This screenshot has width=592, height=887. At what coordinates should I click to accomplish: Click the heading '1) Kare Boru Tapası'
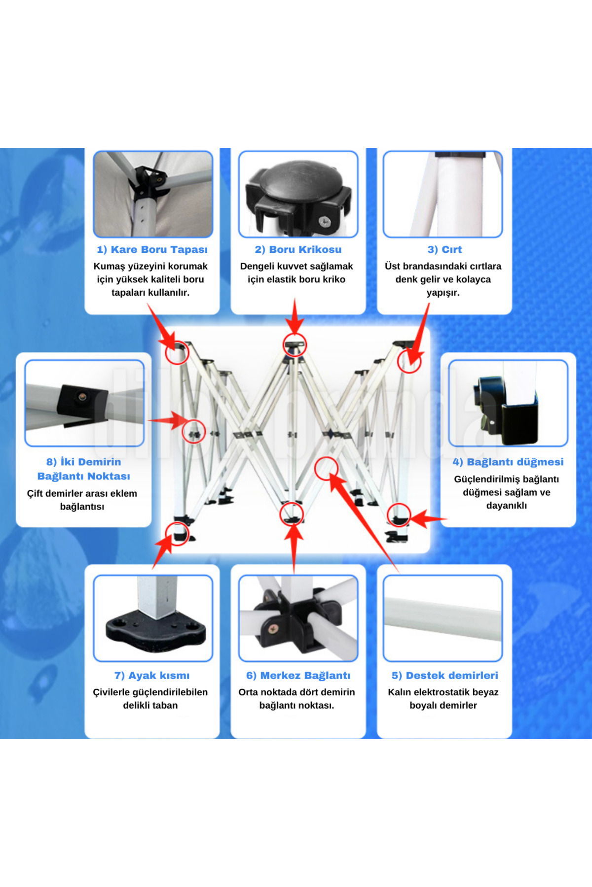pos(152,249)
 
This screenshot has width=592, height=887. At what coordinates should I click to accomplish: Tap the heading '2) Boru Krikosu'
pos(298,249)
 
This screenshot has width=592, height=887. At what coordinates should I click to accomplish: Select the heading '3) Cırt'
pos(444,249)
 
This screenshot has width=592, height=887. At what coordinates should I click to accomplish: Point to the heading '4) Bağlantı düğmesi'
pos(508,462)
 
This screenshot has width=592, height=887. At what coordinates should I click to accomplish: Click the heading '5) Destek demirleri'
pos(444,675)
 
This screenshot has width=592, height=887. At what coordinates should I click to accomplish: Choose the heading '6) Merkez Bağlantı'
pos(298,675)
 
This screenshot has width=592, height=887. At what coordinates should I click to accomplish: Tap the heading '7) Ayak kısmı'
pos(152,675)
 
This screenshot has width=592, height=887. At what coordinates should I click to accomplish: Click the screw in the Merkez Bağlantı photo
pos(272,629)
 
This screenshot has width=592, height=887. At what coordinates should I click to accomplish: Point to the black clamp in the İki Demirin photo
pos(81,402)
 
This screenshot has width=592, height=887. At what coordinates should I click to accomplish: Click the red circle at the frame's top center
pos(295,344)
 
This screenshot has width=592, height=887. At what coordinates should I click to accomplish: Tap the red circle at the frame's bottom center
pos(292,514)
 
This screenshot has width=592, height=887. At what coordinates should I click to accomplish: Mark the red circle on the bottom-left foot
pos(177,533)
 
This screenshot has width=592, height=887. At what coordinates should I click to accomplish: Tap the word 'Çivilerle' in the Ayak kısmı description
pos(111,692)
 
